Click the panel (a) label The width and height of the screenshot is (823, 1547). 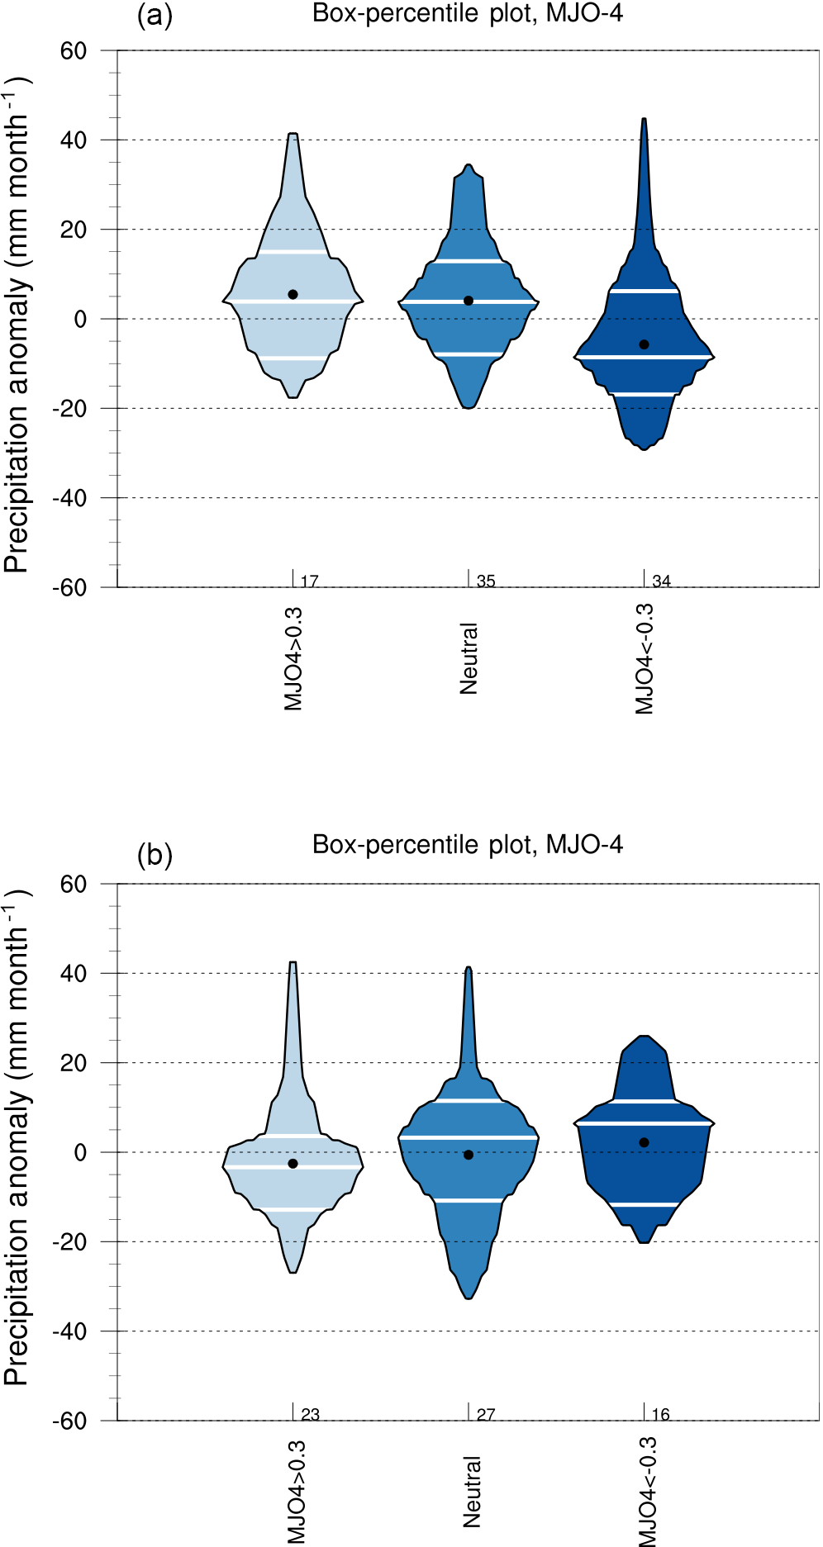coord(155,16)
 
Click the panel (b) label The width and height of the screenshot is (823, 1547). coord(155,856)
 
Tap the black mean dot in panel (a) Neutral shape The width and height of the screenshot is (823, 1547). coord(469,301)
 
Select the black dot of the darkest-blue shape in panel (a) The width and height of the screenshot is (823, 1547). coord(645,344)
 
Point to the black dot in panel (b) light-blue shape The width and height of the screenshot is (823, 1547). coord(293,1164)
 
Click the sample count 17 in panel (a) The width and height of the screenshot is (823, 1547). coord(310,581)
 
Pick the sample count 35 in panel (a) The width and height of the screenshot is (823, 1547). coord(486,581)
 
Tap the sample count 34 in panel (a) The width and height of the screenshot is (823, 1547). coord(661,581)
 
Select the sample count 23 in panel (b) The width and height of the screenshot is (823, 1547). coord(310,1415)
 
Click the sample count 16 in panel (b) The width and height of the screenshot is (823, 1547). coord(661,1415)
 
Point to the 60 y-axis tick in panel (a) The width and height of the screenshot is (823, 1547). coord(74,50)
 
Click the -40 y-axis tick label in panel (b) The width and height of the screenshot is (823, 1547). coord(69,1331)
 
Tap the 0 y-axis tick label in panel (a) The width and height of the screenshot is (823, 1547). coord(80,320)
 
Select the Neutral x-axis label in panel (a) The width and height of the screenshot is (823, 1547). coord(469,658)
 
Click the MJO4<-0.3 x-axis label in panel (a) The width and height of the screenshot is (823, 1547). coord(645,658)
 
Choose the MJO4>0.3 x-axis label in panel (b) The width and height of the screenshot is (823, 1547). coord(295,1492)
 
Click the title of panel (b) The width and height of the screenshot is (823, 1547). coord(468,844)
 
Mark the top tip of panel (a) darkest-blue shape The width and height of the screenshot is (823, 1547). coord(644,120)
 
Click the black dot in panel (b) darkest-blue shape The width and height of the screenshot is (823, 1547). coord(645,1143)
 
